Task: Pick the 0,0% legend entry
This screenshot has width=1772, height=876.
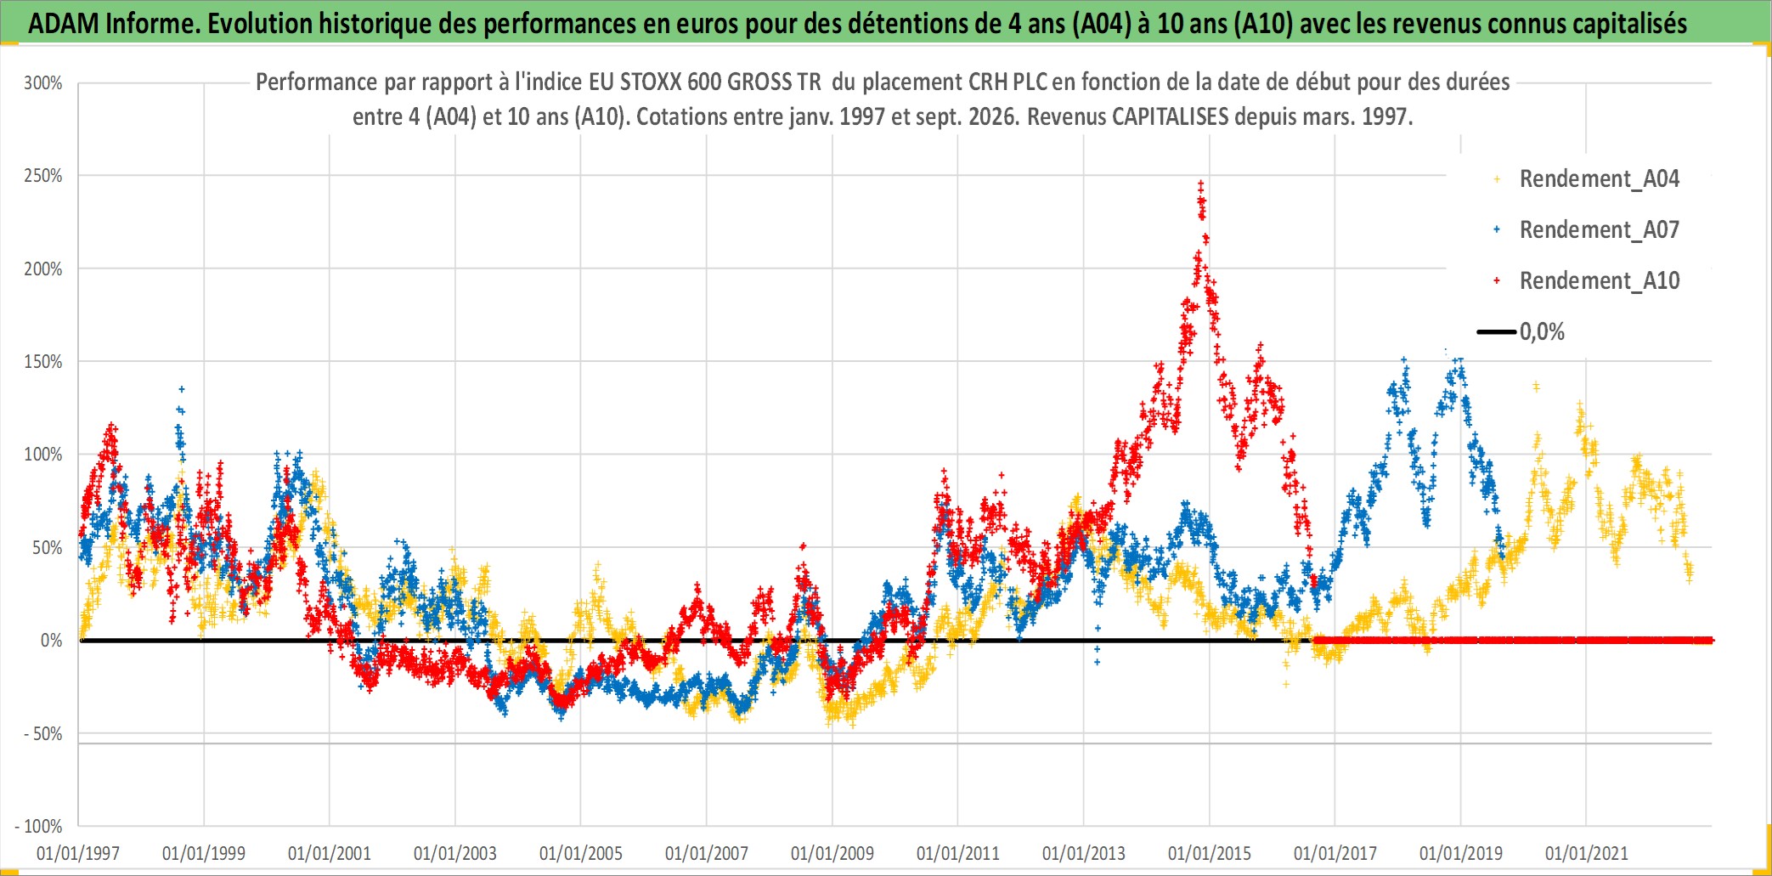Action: (x=1521, y=331)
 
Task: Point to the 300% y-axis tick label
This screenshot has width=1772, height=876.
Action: (x=43, y=83)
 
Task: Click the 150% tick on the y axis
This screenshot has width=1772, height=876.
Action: (x=43, y=362)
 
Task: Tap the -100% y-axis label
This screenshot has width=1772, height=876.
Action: (x=39, y=827)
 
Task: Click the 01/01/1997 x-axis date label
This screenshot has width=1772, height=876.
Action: (x=78, y=853)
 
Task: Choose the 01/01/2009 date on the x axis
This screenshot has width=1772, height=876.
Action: (x=832, y=853)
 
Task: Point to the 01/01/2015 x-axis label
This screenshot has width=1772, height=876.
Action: (x=1210, y=853)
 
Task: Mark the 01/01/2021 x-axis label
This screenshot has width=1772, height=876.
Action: (x=1587, y=853)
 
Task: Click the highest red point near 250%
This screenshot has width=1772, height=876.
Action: (x=1200, y=183)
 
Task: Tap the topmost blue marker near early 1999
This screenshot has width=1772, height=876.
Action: (x=181, y=390)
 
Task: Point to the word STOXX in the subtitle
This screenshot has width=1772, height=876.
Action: (x=650, y=82)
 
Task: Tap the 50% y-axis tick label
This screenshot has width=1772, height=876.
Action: (x=48, y=548)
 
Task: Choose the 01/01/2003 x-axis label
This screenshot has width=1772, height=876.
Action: (x=455, y=853)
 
